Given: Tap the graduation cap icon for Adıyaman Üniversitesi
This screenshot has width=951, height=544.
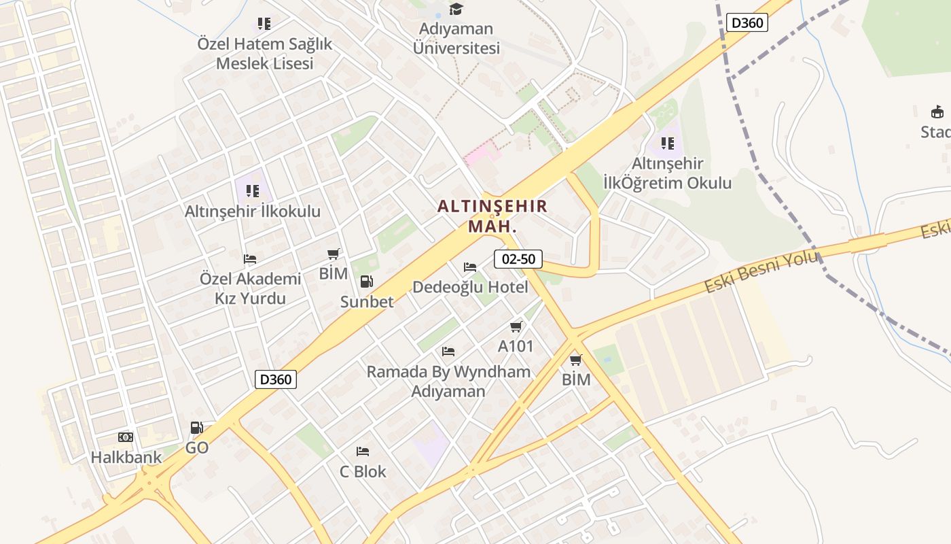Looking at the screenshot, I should coord(456,10).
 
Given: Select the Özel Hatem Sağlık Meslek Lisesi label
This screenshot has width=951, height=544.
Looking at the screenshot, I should coord(265,54).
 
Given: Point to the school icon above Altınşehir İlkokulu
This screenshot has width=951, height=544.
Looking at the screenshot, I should coord(253,191).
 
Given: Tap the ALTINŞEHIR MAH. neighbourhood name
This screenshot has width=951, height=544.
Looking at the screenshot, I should coord(492,216).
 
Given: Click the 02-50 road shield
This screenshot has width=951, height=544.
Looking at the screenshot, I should coord(518,258).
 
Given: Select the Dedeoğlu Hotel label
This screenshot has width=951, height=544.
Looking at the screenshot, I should coord(470,287).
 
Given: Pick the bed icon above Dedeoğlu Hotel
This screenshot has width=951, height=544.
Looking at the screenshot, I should coord(470,267).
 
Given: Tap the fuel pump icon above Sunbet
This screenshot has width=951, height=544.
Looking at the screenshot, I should coord(366,282).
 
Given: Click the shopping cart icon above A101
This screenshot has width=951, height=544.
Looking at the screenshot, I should coord(516,327).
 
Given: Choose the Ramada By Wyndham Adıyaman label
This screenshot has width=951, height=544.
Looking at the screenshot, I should coord(448,381).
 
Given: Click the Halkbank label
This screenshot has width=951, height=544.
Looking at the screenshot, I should coord(126,457).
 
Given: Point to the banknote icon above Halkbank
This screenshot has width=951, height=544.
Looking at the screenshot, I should coord(126,437).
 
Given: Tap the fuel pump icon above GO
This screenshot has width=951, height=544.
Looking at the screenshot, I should coord(196,428).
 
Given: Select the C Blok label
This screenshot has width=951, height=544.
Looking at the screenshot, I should coord(363,471).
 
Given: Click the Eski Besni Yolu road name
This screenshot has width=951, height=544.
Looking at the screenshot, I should coord(761,272).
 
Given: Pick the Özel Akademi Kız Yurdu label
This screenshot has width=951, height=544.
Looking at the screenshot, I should coord(251,288).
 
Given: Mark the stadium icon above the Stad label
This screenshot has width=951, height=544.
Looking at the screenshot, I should coord(937,112).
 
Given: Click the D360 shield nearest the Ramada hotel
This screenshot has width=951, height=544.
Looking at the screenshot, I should coord(276,379).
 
